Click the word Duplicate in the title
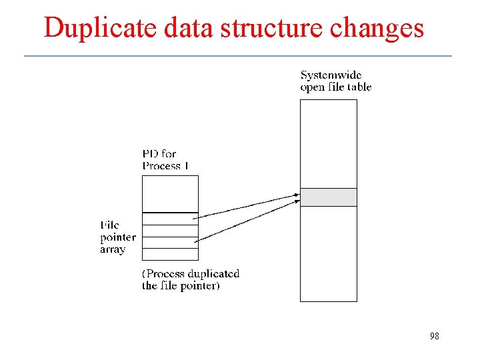coord(91,28)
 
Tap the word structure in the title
coord(271,28)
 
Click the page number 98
coord(434,337)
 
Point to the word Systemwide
coord(331,75)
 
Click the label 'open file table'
coord(335,87)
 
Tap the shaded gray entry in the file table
coord(328,197)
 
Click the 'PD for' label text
coord(159,154)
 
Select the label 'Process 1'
coord(165,165)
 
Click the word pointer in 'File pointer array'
coord(118,237)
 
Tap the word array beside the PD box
coord(113,249)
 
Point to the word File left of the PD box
coord(110,225)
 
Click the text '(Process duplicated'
coord(191,274)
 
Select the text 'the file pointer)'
coord(181,286)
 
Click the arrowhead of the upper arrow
coord(296,195)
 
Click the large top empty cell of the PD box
coord(170,193)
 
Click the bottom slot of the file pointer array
coord(170,254)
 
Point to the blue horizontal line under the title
coord(238,55)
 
